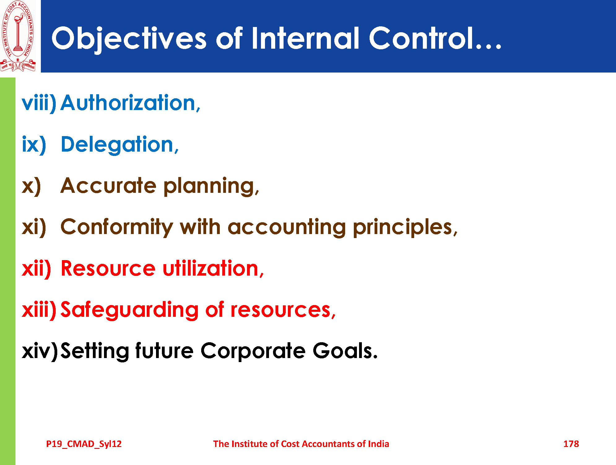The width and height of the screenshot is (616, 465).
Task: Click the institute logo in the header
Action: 18,36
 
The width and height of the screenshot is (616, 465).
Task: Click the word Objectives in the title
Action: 129,38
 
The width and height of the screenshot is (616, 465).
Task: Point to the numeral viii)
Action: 39,103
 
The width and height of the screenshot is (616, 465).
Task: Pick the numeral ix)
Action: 34,144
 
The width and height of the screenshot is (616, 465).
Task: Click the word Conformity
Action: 116,227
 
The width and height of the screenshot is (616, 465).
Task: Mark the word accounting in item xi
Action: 287,228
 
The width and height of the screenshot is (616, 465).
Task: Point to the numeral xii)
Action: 37,268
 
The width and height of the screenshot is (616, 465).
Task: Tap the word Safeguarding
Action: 129,310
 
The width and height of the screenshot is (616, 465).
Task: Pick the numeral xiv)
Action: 40,351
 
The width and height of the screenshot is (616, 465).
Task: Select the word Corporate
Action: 253,352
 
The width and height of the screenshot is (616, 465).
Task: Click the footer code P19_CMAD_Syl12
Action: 84,444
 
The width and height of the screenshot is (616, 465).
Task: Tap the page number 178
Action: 571,444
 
